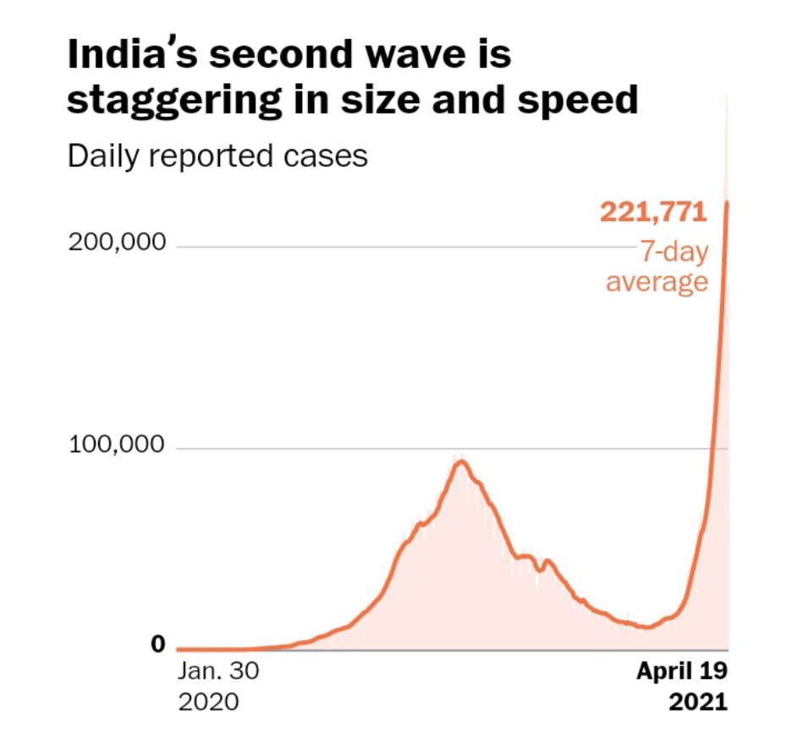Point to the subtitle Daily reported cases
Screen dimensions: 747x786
pyautogui.click(x=217, y=156)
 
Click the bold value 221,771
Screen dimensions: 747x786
pyautogui.click(x=653, y=211)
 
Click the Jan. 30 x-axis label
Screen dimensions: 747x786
pyautogui.click(x=218, y=672)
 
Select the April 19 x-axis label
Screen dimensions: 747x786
pyautogui.click(x=682, y=672)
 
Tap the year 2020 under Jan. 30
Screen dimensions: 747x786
pyautogui.click(x=208, y=702)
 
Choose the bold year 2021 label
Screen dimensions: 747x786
pyautogui.click(x=698, y=702)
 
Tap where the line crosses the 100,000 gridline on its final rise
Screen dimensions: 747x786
pyautogui.click(x=715, y=448)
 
